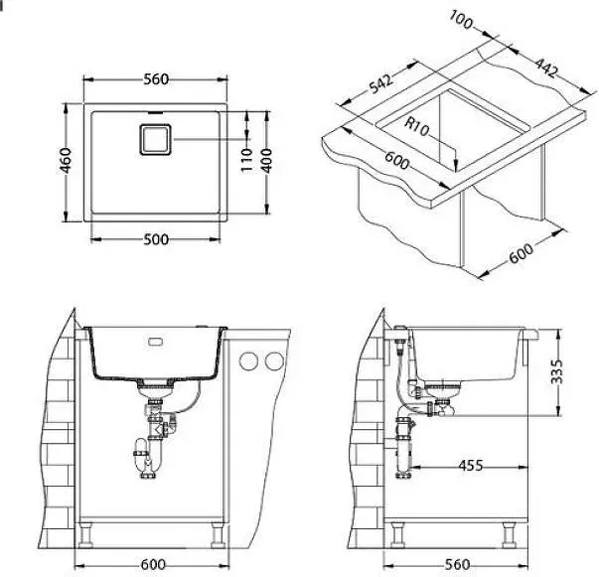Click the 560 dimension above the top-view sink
pyautogui.click(x=156, y=79)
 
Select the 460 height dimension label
pyautogui.click(x=66, y=160)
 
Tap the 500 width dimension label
pyautogui.click(x=156, y=239)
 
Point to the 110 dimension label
pyautogui.click(x=247, y=160)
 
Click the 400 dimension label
pyautogui.click(x=267, y=160)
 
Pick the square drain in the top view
pyautogui.click(x=155, y=139)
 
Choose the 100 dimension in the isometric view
pyautogui.click(x=460, y=20)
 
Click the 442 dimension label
pyautogui.click(x=546, y=68)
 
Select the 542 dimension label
pyautogui.click(x=380, y=84)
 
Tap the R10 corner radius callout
pyautogui.click(x=417, y=126)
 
